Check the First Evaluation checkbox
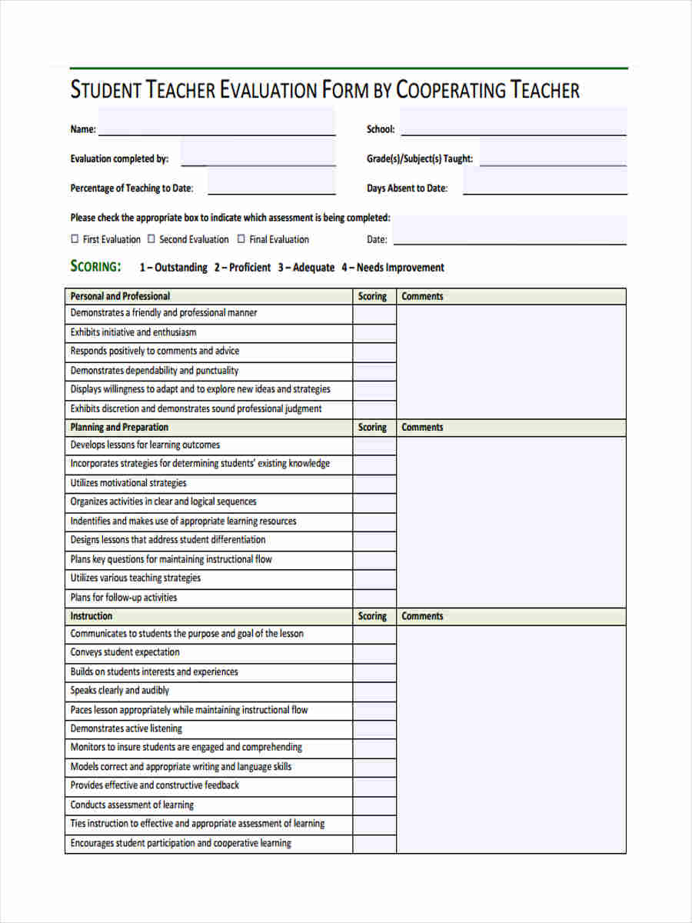(75, 239)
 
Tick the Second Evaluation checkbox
(151, 239)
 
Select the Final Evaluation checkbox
(241, 239)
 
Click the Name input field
(217, 123)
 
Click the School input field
(513, 123)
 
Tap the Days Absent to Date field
(544, 183)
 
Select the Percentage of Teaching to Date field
(271, 183)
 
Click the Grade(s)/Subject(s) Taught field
(553, 154)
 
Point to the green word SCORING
(95, 267)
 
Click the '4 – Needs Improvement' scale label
(393, 268)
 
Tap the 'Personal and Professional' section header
(120, 296)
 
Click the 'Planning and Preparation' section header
(119, 427)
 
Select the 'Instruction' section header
(91, 616)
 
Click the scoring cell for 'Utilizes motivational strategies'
(374, 484)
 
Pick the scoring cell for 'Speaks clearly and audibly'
(374, 691)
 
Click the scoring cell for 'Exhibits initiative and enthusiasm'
(374, 333)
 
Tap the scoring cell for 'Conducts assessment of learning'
(374, 805)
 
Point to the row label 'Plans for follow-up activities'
(124, 598)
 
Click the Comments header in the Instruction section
(422, 616)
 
